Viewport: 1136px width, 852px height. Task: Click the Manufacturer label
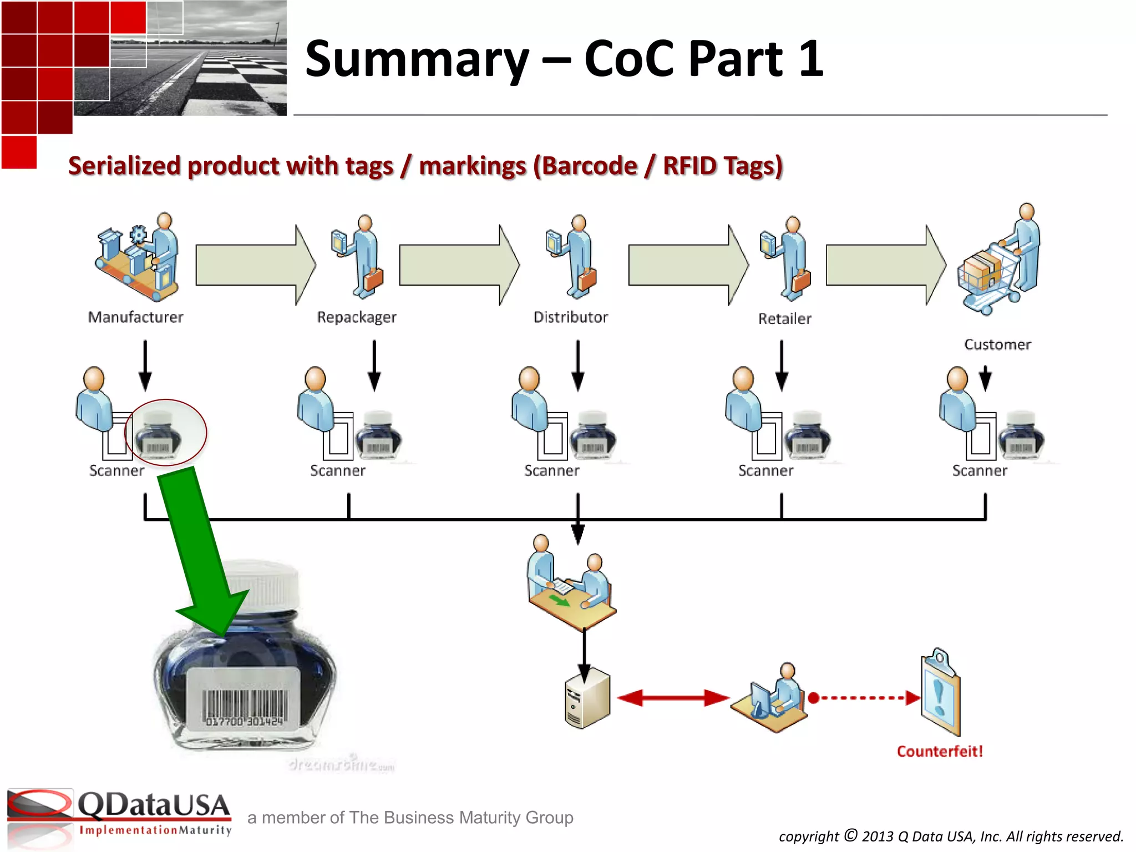pos(135,317)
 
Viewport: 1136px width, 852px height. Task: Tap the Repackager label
pos(357,317)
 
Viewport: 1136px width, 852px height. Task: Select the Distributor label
pos(571,317)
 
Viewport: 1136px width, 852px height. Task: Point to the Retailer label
pos(784,319)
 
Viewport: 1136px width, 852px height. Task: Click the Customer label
pos(997,344)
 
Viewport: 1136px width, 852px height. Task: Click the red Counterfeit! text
pos(940,752)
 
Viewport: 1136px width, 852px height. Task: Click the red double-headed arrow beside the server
pos(672,698)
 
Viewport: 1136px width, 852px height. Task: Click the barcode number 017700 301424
pos(244,722)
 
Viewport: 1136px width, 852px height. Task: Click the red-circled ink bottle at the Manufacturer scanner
pos(161,435)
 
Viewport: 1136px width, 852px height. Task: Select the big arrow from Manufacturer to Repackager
pos(255,265)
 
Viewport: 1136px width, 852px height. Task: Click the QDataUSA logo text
pos(154,805)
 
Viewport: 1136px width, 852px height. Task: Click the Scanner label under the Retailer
pos(765,471)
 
